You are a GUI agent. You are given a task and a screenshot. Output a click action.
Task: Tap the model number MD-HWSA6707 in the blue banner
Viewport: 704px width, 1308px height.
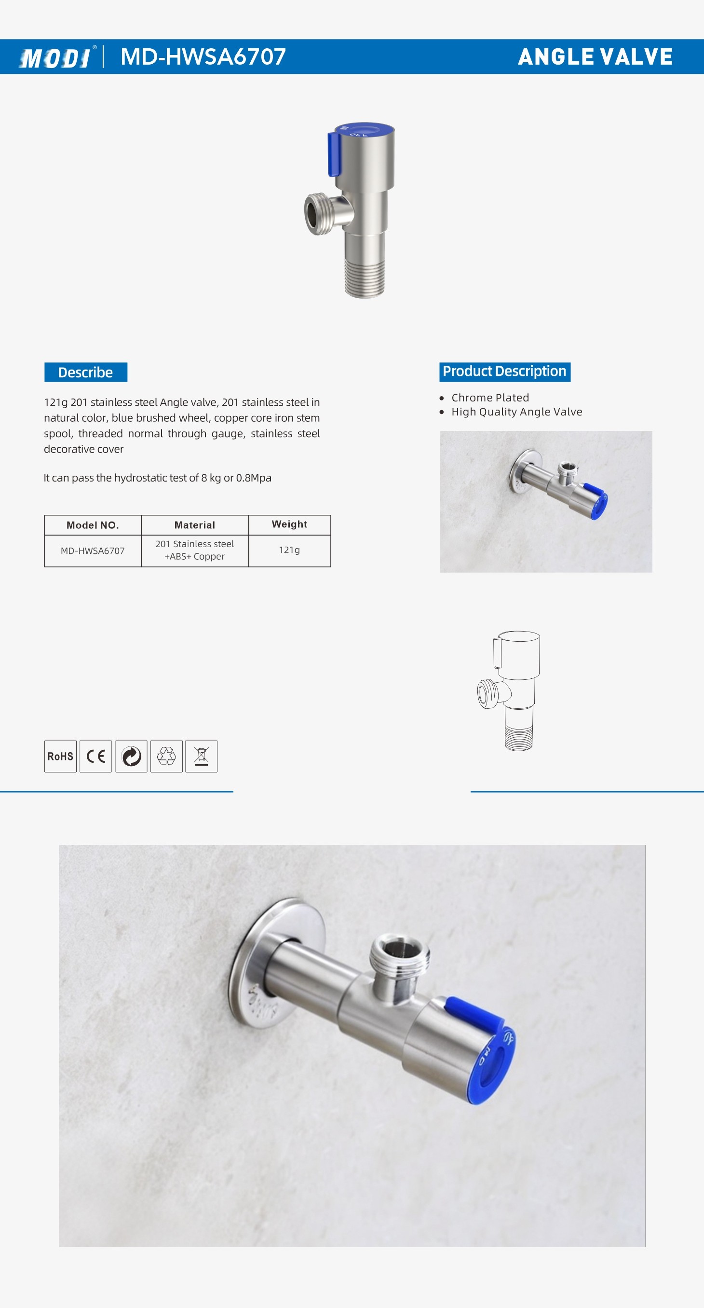coord(203,57)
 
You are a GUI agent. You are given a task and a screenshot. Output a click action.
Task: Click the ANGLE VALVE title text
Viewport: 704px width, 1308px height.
coord(595,57)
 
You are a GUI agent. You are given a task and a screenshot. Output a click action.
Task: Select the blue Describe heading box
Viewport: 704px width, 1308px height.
coord(85,372)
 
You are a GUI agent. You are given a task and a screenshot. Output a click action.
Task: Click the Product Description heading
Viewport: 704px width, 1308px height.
coord(504,372)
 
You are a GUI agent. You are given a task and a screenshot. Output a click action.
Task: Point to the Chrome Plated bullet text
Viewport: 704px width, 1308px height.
coord(490,398)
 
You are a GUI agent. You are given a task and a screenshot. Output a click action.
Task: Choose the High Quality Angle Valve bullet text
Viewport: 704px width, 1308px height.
coord(516,412)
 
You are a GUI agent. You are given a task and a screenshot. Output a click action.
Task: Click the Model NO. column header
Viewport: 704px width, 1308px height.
coord(93,525)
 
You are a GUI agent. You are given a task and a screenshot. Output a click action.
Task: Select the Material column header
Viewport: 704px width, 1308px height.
coord(194,525)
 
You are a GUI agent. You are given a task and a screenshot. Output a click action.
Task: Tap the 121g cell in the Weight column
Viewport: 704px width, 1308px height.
coord(289,550)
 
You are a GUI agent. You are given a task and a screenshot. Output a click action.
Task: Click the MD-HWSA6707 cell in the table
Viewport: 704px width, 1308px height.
coord(93,551)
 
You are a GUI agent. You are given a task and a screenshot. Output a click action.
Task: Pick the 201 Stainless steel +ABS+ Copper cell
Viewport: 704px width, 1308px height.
coord(194,550)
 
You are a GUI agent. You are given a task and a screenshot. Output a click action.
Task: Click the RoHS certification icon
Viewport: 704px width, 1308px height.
coord(60,756)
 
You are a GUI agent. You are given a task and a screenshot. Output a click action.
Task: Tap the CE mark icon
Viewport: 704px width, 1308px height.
coord(95,756)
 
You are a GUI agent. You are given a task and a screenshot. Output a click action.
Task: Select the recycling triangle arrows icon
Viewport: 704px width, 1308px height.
coord(166,756)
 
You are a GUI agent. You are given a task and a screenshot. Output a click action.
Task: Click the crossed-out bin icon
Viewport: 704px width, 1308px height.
coord(201,756)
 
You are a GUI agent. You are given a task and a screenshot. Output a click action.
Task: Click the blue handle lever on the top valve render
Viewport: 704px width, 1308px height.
coord(334,153)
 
